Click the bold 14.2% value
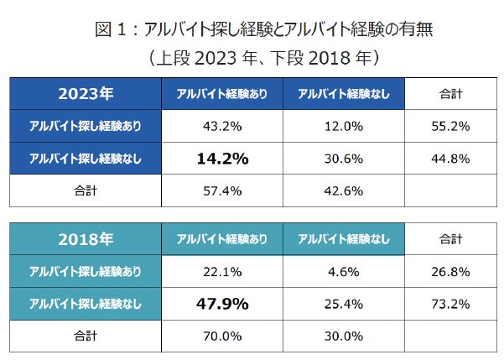[x=221, y=157]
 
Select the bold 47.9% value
[x=221, y=303]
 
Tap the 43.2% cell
[x=221, y=126]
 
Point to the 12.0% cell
[x=343, y=126]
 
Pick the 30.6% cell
[x=343, y=158]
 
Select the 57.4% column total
[x=221, y=190]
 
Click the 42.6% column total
[x=343, y=190]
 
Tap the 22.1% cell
[x=221, y=271]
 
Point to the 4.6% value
[x=343, y=271]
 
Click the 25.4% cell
[x=343, y=303]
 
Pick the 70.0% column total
[x=221, y=336]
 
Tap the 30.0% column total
[x=343, y=336]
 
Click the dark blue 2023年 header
[x=85, y=93]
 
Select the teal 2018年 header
[x=85, y=239]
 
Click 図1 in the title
[x=113, y=32]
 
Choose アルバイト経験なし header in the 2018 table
[x=343, y=240]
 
